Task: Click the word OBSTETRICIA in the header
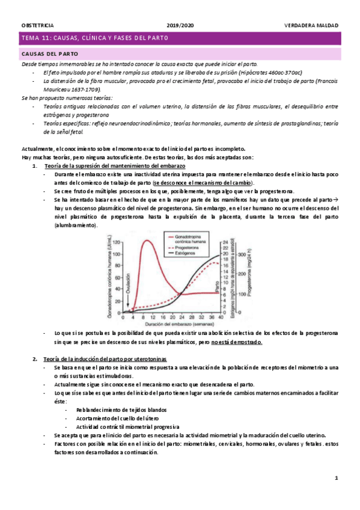[x=37, y=25]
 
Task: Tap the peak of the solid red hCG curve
[x=146, y=241]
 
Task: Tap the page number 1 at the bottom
[x=337, y=478]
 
